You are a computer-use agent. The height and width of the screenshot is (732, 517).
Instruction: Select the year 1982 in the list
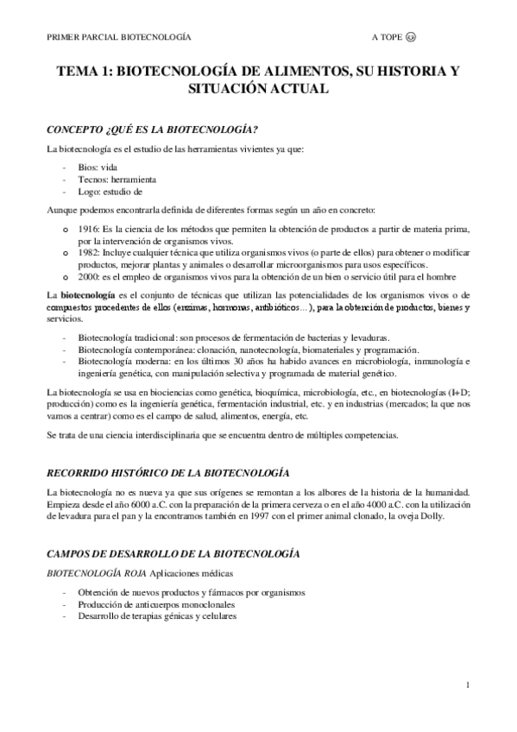click(x=88, y=252)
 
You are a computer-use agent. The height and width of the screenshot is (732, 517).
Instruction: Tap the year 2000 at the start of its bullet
click(x=88, y=276)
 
